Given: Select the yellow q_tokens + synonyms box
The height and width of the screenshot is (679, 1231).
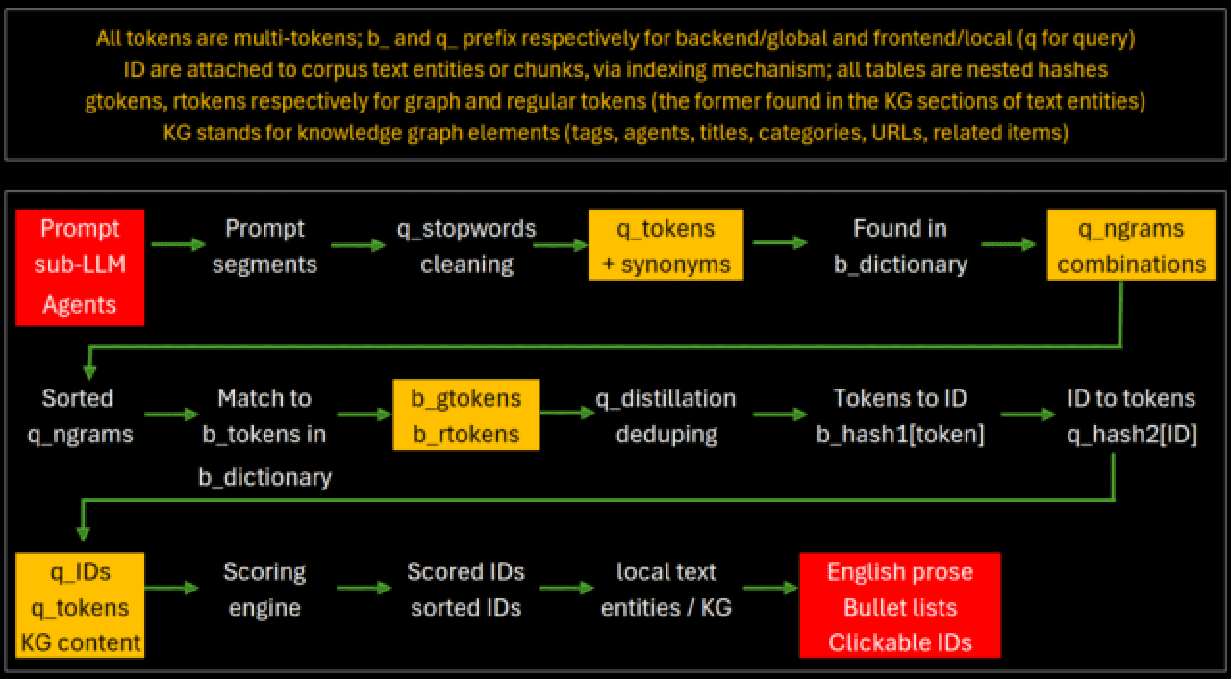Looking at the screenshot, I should [x=666, y=245].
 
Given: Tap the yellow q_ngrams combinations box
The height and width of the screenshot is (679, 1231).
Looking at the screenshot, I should [x=1131, y=245].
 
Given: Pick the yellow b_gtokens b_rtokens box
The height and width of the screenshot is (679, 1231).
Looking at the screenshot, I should [x=466, y=415].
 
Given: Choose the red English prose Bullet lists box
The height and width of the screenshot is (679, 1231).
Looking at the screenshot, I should [x=900, y=605].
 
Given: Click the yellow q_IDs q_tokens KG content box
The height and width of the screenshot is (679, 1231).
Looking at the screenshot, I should [x=80, y=605].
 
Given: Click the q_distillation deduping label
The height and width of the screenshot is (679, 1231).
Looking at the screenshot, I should [x=666, y=416].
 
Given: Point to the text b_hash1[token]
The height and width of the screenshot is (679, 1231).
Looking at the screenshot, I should [x=900, y=434].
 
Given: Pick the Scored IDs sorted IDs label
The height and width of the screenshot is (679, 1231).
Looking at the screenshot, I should [x=466, y=589].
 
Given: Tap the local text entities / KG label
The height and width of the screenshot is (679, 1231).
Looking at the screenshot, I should [x=666, y=589].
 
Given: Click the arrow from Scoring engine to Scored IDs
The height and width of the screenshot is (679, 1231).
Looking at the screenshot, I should [x=364, y=588].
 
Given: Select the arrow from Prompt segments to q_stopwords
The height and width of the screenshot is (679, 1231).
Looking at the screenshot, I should [x=358, y=245].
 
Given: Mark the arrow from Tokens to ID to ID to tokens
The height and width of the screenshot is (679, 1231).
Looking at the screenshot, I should [x=1027, y=414].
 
